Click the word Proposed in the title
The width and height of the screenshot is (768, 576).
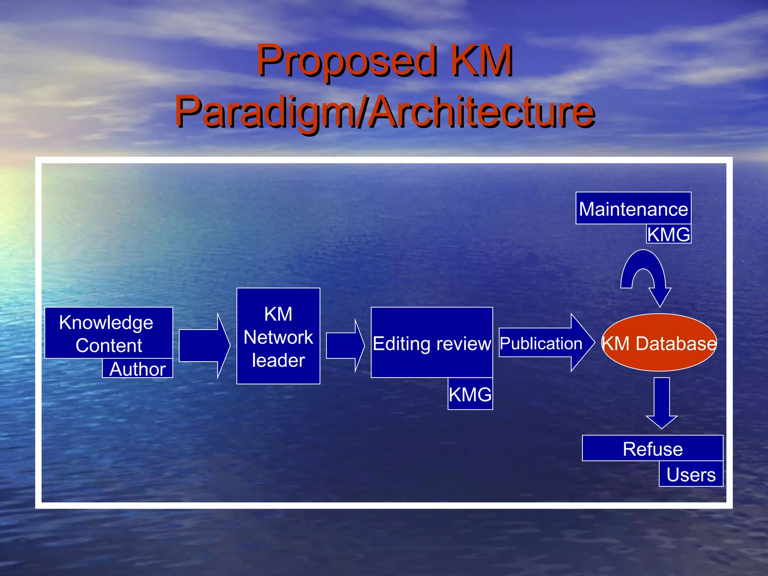347,61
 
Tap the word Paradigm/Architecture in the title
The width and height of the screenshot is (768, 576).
385,111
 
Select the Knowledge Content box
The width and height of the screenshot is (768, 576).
108,332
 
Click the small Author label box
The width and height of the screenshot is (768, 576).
137,369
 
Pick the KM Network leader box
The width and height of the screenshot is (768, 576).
278,336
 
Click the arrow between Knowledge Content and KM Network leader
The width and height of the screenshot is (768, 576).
204,345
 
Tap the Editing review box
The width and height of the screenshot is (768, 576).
432,342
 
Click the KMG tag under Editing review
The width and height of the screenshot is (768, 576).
470,394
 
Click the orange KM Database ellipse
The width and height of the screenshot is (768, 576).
659,343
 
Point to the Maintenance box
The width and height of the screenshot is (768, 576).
633,208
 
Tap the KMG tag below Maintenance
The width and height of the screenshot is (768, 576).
668,234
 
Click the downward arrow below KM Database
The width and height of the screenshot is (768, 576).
661,403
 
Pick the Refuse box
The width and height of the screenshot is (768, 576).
652,448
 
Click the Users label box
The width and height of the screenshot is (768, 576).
691,474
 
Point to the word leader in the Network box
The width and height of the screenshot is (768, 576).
278,360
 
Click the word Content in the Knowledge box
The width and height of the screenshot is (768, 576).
109,345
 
